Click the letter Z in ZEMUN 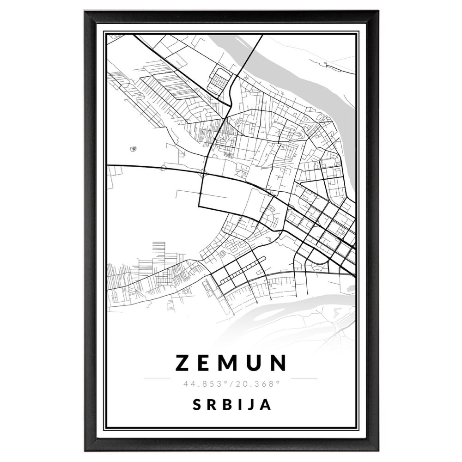click(183, 363)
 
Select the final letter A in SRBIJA click(265, 405)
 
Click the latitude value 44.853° click(204, 383)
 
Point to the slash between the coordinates click(231, 383)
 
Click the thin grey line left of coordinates click(157, 378)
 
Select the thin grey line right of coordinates click(304, 378)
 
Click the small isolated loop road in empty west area click(134, 149)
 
